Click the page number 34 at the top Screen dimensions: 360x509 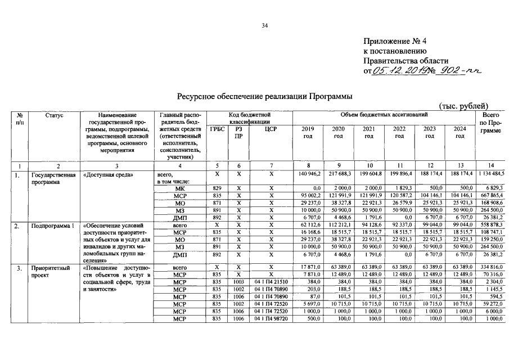click(264, 25)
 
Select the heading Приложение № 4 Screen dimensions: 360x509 click(395, 41)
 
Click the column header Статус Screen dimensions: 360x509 click(55, 115)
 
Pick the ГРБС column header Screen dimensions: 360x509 click(217, 129)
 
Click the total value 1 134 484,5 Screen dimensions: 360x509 click(491, 174)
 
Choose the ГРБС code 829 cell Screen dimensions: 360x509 click(217, 187)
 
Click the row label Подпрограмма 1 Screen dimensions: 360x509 click(53, 227)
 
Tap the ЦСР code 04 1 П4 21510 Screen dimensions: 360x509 click(271, 281)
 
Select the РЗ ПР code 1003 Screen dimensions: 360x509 click(239, 281)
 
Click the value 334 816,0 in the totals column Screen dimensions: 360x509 click(491, 267)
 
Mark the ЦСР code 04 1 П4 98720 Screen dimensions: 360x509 click(271, 318)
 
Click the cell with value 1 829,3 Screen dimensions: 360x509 click(399, 187)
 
